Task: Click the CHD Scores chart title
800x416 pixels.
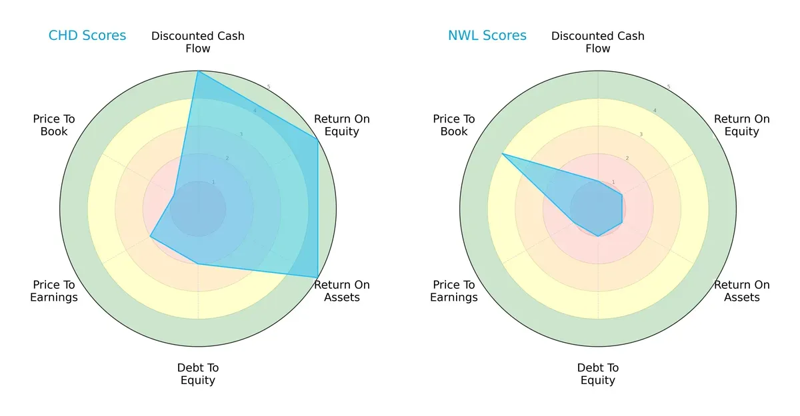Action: click(87, 36)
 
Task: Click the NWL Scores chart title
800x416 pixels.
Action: click(487, 36)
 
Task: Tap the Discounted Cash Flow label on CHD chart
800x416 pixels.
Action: click(198, 42)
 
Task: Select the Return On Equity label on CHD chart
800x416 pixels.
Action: click(342, 125)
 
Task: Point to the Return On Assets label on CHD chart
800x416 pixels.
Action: click(342, 291)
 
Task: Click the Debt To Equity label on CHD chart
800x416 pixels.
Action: click(198, 374)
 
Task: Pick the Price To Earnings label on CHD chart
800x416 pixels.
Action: click(54, 291)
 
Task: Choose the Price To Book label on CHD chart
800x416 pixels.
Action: click(54, 125)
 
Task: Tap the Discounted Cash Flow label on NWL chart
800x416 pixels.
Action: click(598, 42)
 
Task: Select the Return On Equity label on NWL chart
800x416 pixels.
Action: click(742, 125)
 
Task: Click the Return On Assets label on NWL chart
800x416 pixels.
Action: click(742, 291)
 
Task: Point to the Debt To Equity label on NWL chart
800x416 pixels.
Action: click(598, 374)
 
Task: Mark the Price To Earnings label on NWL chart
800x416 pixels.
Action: click(454, 291)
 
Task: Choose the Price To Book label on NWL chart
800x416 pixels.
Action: click(454, 125)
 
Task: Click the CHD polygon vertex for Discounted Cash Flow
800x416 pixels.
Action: click(198, 71)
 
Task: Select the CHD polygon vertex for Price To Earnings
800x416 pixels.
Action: click(150, 236)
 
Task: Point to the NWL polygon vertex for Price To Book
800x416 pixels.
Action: click(502, 154)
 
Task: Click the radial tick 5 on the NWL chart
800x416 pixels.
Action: click(669, 87)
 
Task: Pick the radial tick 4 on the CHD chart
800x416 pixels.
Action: click(255, 110)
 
